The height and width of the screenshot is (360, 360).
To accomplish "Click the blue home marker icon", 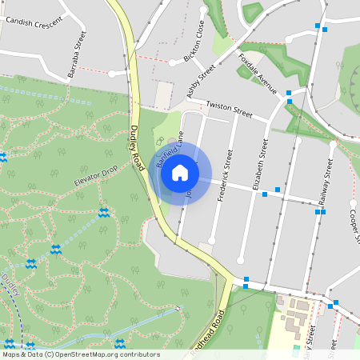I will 180,172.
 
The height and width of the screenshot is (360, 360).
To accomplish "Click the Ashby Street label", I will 201,82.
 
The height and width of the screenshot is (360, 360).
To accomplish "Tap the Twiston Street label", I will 229,110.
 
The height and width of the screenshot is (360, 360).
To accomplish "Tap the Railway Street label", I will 326,185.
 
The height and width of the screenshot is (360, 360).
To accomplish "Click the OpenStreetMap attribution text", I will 80,354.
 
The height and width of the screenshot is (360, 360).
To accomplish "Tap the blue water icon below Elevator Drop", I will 103,213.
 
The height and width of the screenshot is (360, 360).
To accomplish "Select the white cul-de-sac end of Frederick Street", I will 213,240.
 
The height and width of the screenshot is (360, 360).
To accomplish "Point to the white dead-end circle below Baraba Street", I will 112,74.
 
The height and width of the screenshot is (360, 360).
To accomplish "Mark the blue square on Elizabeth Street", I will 265,194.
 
